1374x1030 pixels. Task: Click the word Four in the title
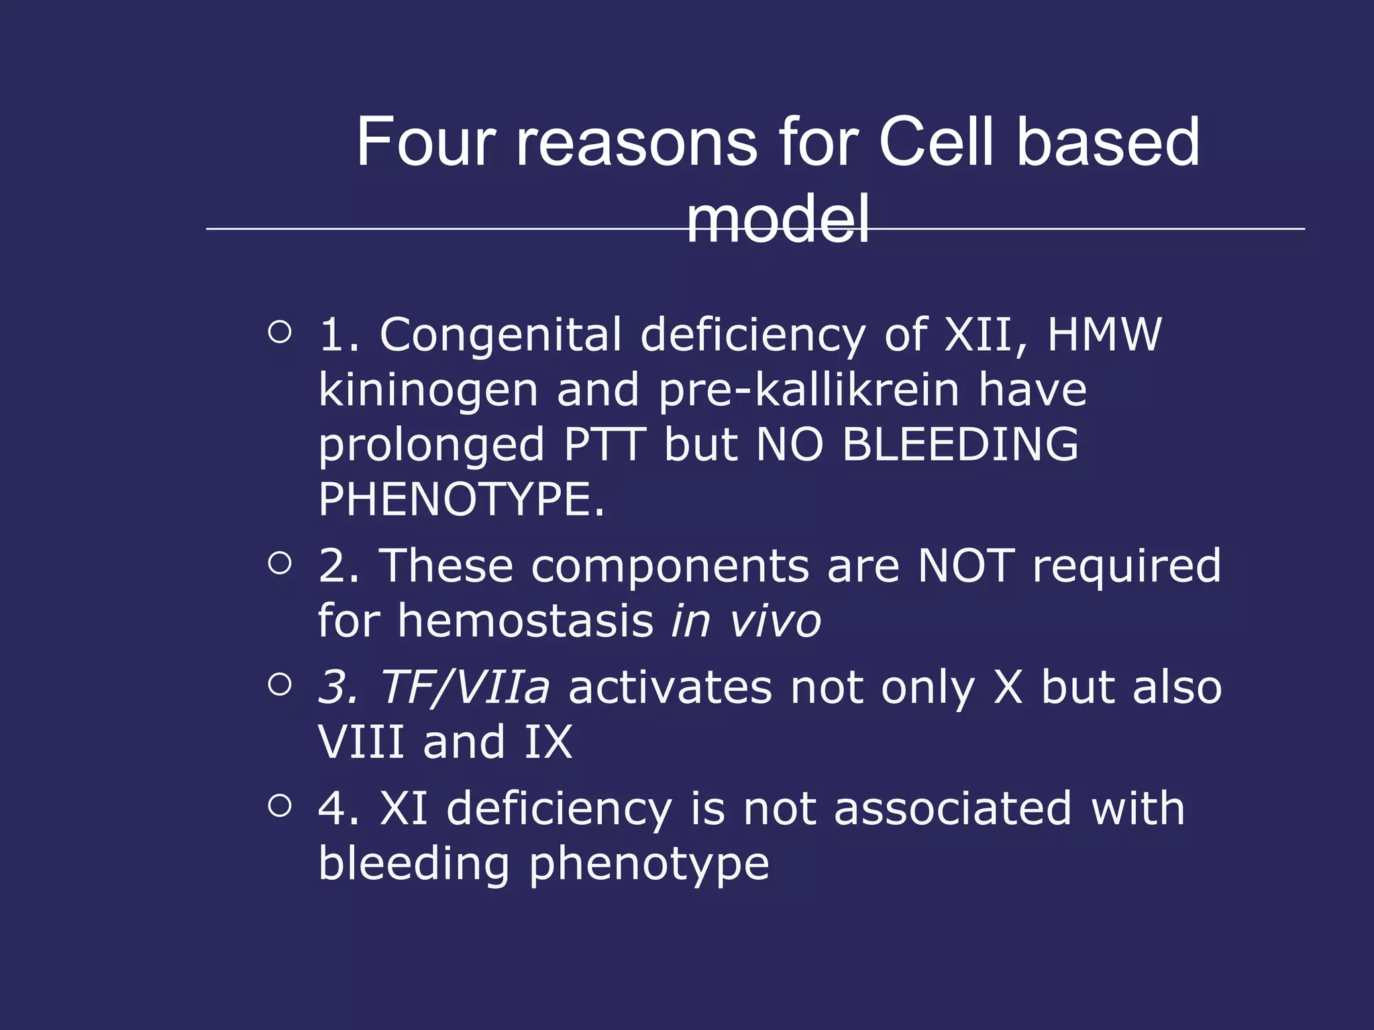pyautogui.click(x=425, y=142)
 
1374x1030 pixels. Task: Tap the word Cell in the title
pyautogui.click(x=937, y=142)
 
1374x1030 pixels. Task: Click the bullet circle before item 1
pyautogui.click(x=280, y=332)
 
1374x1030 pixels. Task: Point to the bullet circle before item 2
pyautogui.click(x=280, y=563)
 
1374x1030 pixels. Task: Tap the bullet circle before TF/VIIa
pyautogui.click(x=280, y=685)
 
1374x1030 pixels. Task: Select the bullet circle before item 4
pyautogui.click(x=280, y=805)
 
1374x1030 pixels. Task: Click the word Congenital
pyautogui.click(x=500, y=335)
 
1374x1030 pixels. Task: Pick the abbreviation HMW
pyautogui.click(x=1104, y=335)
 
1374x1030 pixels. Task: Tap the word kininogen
pyautogui.click(x=428, y=390)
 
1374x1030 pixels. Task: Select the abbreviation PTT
pyautogui.click(x=604, y=445)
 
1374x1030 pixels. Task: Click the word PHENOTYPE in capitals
pyautogui.click(x=460, y=500)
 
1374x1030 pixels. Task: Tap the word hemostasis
pyautogui.click(x=525, y=621)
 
